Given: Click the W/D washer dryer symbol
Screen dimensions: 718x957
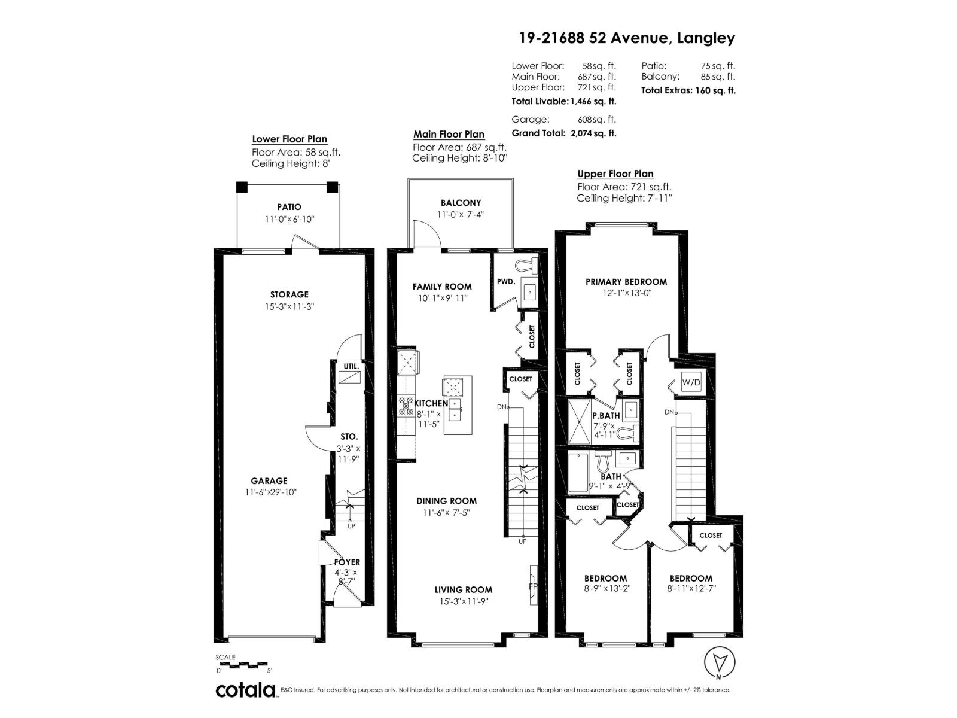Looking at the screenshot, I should pos(691,382).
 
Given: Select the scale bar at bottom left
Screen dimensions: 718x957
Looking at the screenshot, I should pos(242,664).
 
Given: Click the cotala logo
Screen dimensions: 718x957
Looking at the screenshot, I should pos(246,690).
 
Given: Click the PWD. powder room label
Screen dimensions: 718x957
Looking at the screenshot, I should pos(505,281).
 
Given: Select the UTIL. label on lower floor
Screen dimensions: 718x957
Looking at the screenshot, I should pos(350,366).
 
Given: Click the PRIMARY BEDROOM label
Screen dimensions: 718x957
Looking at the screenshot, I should pos(626,282).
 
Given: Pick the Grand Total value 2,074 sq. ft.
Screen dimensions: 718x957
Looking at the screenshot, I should pos(592,133).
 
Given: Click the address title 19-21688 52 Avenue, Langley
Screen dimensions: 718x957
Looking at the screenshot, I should pos(626,38).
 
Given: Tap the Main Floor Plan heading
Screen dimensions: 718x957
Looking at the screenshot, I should pos(449,135).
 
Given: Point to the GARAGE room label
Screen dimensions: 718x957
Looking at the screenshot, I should pos(269,480).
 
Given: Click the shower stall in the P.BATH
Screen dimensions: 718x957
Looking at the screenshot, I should pos(578,422).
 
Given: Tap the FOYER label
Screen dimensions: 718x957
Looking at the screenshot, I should pos(347,562).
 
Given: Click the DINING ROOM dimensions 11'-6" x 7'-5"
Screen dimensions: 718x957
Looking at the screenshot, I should pos(447,513).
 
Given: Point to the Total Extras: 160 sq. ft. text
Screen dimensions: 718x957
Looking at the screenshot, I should pos(688,91).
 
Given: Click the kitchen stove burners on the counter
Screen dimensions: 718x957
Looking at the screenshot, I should pos(406,407).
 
